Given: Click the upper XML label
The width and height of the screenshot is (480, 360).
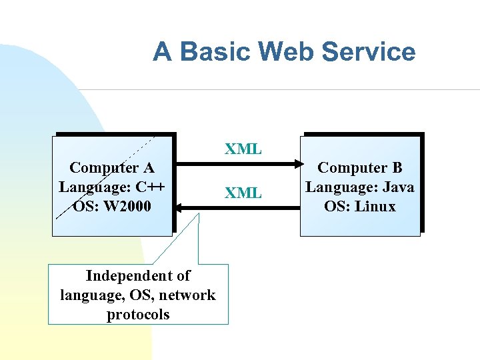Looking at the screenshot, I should click(x=243, y=149).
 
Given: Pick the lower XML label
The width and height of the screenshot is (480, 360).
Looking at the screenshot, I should click(x=243, y=193).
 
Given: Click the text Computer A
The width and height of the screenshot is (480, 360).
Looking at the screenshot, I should click(x=113, y=167).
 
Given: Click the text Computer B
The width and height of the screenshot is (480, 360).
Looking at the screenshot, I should click(x=360, y=167).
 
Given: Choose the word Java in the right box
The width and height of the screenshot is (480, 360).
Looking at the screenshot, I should click(x=397, y=187).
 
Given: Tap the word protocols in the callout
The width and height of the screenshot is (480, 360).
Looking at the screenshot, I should click(x=138, y=314).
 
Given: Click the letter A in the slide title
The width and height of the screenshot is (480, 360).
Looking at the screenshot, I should click(x=162, y=51).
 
